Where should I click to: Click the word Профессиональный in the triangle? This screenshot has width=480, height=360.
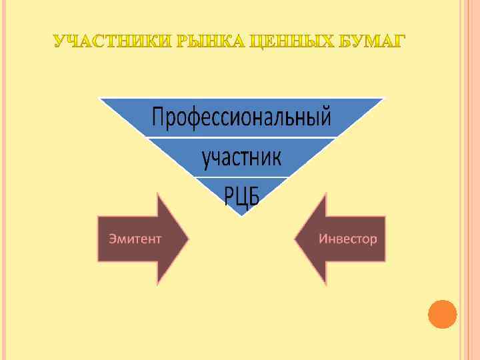tap(241, 119)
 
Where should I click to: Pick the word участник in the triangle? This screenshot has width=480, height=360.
tap(241, 158)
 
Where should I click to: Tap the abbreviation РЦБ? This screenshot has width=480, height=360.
tap(241, 196)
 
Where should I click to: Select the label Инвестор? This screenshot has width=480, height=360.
tap(347, 238)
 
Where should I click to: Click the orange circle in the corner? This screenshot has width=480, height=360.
tap(442, 314)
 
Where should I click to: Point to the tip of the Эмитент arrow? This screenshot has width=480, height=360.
tap(189, 239)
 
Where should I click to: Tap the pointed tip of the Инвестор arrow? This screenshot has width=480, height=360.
tap(295, 239)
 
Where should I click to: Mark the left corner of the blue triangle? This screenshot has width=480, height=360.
tap(100, 99)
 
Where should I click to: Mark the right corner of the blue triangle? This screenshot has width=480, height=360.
tap(384, 99)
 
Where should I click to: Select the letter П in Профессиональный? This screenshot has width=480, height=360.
tap(161, 119)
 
